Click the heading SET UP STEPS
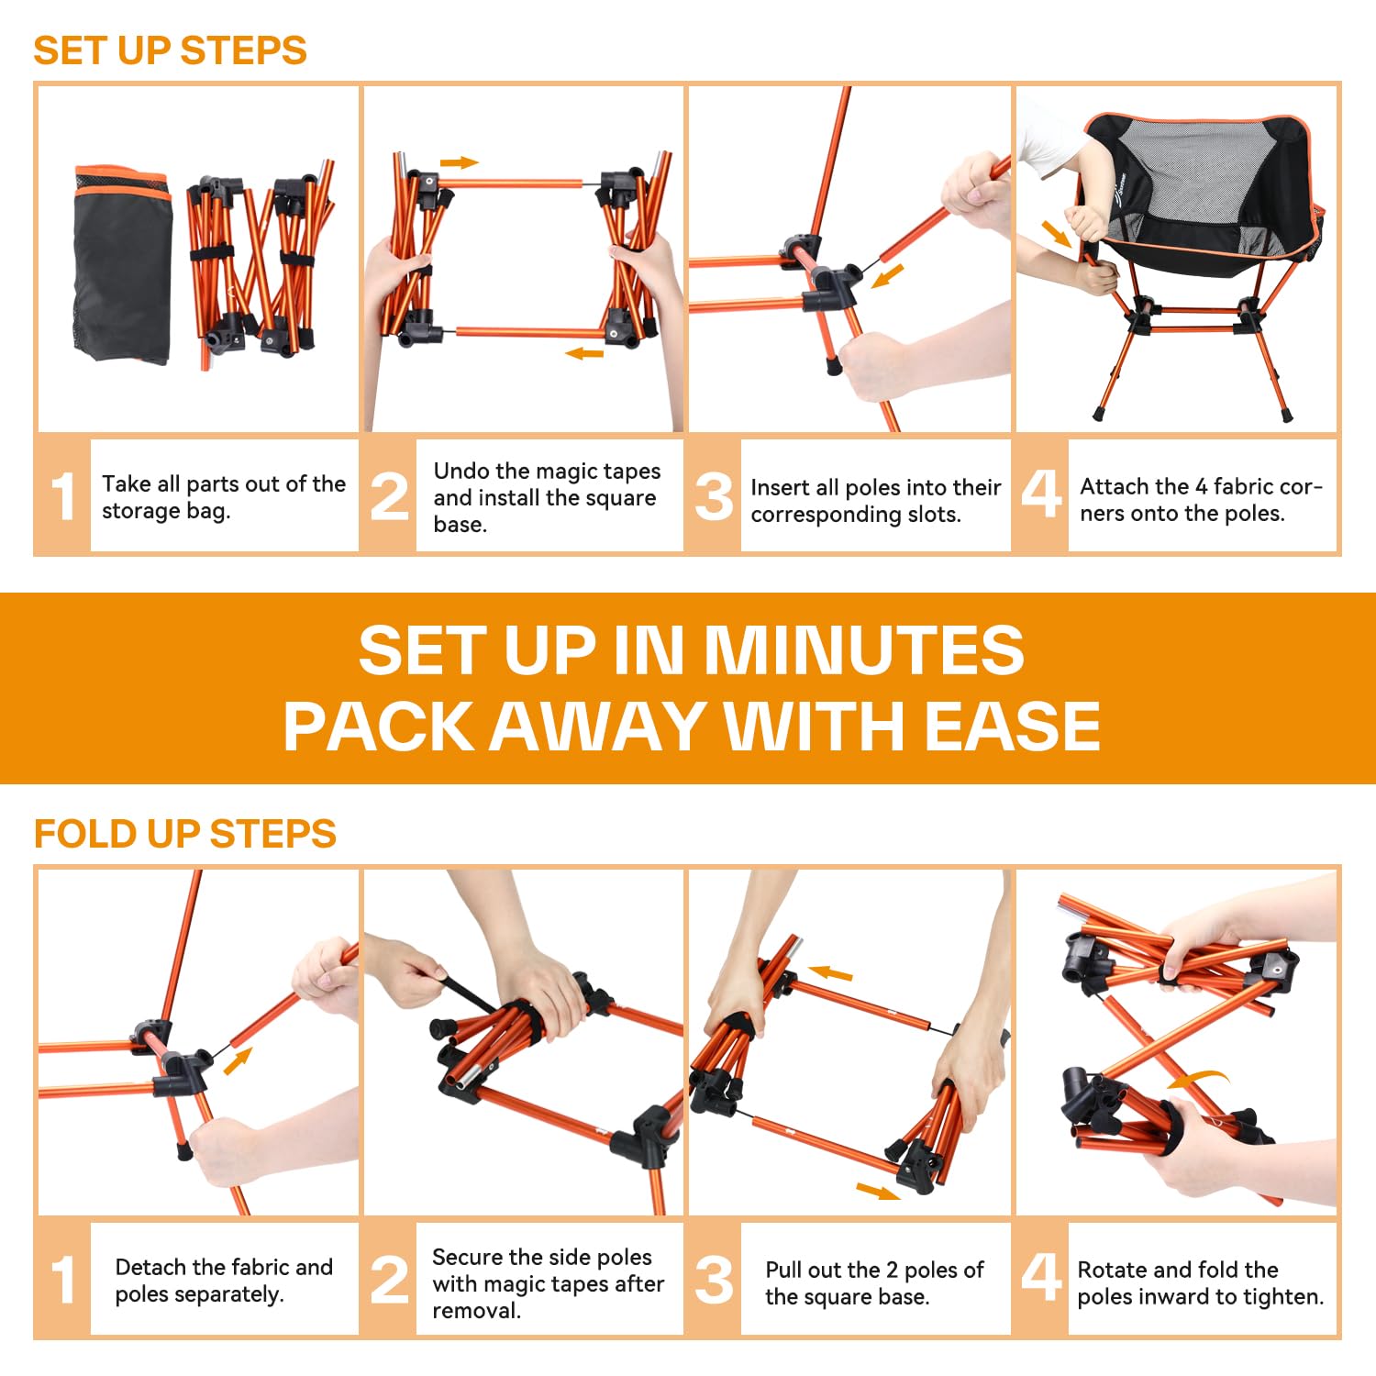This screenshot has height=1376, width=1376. pyautogui.click(x=170, y=50)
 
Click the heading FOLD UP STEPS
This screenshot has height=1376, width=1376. pyautogui.click(x=185, y=834)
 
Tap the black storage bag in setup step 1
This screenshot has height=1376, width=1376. pyautogui.click(x=123, y=265)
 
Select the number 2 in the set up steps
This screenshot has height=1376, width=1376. pyautogui.click(x=390, y=496)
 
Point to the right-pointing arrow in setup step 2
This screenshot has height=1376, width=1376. pyautogui.click(x=460, y=163)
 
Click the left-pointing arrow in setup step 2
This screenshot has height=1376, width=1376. pyautogui.click(x=584, y=353)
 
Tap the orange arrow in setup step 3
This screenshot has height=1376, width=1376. pyautogui.click(x=887, y=276)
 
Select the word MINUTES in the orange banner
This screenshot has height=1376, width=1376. pyautogui.click(x=863, y=649)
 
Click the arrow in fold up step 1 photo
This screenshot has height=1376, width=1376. pyautogui.click(x=238, y=1061)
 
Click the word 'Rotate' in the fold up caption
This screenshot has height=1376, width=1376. pyautogui.click(x=1112, y=1270)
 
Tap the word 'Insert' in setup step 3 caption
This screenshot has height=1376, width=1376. pyautogui.click(x=780, y=487)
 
